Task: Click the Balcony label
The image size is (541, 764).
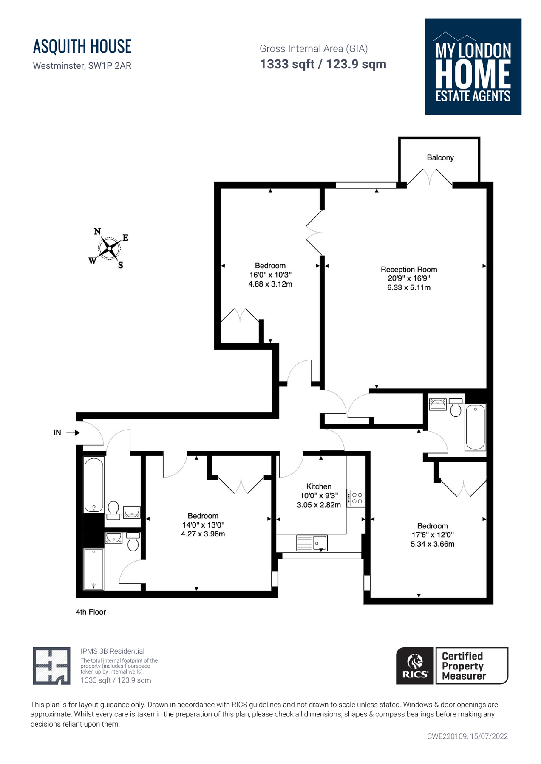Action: (x=440, y=157)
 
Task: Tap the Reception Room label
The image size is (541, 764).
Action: (x=409, y=270)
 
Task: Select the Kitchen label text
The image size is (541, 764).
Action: (x=319, y=486)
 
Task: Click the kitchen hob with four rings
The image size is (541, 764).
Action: (x=356, y=498)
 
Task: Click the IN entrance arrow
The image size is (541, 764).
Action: (x=73, y=433)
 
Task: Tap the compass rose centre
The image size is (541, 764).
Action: (x=110, y=248)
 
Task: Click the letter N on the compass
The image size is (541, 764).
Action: (x=97, y=231)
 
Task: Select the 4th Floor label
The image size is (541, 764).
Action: (x=91, y=612)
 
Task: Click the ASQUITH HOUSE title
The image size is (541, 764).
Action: (x=82, y=46)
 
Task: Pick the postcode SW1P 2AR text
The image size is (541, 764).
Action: (x=110, y=66)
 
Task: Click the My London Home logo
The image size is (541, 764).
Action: (x=473, y=67)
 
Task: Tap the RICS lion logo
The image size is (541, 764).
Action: (x=415, y=666)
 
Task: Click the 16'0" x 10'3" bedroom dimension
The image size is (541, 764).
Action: (x=270, y=275)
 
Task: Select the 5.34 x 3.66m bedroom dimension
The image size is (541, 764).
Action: (x=432, y=544)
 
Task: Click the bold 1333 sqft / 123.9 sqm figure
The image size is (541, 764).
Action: (x=323, y=64)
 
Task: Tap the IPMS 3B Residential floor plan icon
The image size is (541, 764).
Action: (x=51, y=666)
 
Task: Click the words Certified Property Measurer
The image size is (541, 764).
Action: (x=464, y=666)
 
